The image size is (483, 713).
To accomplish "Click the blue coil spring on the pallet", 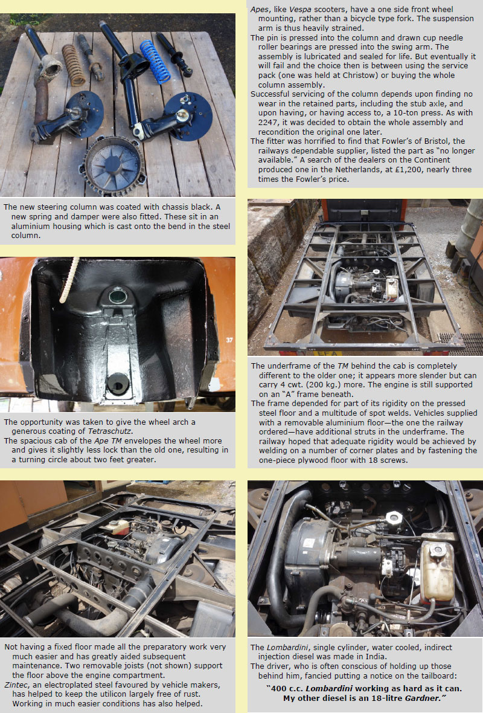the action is pos(155,62).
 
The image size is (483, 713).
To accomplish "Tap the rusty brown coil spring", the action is pos(73,65).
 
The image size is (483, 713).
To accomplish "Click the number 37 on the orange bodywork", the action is pos(229,340).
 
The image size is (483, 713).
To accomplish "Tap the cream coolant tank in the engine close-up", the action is pos(437,570).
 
